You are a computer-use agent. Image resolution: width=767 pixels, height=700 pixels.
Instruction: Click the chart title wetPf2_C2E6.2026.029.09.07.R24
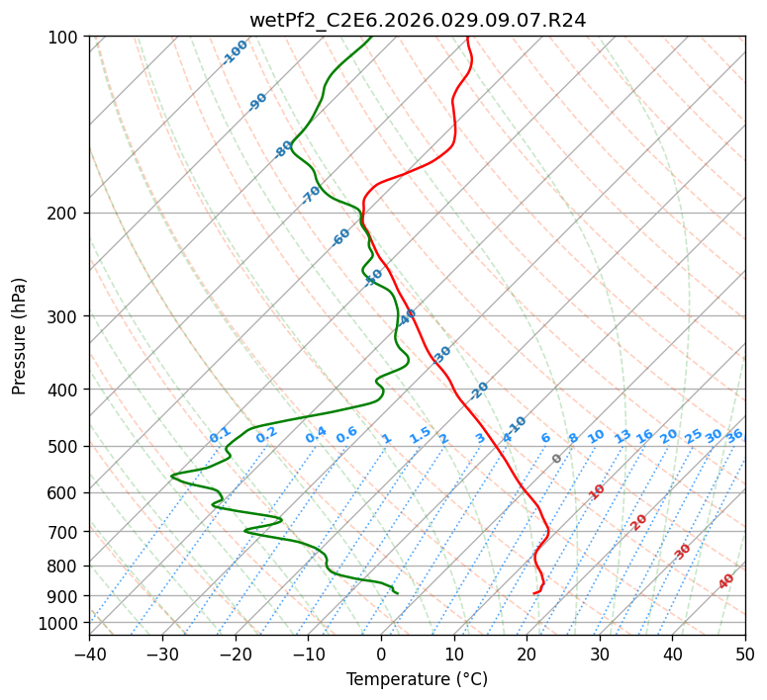417,20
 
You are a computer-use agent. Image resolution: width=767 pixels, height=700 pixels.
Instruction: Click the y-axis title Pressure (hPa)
20,335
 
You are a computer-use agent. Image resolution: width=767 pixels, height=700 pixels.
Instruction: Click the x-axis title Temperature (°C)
417,679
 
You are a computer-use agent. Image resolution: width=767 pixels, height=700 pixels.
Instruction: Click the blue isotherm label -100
236,52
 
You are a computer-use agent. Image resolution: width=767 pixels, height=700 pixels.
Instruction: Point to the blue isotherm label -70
311,195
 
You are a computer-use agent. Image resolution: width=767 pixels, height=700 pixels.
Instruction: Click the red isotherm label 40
726,581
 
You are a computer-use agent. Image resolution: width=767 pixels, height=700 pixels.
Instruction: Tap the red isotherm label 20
638,521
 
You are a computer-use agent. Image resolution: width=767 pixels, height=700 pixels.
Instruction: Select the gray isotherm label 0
557,459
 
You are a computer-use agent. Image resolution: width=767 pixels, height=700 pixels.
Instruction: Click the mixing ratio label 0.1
220,434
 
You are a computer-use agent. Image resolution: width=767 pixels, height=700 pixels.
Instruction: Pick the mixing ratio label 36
734,435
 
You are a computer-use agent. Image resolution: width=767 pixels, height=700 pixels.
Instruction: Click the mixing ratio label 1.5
420,434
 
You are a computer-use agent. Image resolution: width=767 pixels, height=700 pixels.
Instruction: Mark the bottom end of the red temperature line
534,593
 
